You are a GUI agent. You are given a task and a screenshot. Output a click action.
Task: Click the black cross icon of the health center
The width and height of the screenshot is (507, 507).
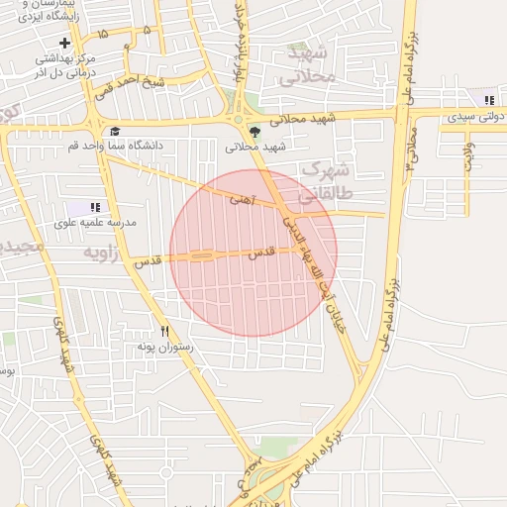coord(65,43)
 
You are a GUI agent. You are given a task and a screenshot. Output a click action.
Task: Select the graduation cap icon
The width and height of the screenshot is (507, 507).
coord(115,132)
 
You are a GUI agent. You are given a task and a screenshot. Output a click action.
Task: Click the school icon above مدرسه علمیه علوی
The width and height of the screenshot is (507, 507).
coord(95,207)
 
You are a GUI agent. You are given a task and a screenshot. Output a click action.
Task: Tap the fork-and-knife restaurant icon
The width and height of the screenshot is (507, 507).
coord(165,332)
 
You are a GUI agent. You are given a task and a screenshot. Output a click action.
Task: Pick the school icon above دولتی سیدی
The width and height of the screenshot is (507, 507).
coord(487,100)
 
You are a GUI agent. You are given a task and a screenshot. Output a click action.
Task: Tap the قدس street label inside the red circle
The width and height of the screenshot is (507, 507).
coord(259,253)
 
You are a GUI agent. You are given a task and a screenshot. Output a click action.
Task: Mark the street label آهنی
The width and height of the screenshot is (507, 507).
coord(241,200)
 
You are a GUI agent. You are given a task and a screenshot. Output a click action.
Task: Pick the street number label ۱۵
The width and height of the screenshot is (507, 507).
coord(103,37)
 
